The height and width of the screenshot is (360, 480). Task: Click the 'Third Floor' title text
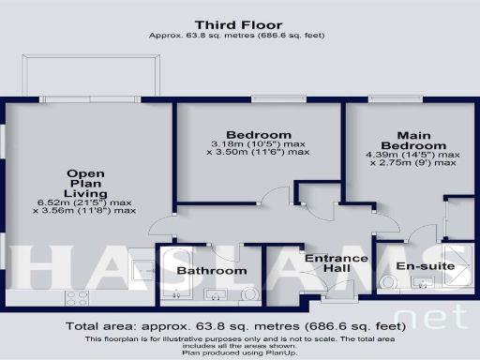click(239, 23)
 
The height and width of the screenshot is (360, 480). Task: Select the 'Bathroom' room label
click(212, 271)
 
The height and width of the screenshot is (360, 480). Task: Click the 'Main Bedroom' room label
click(419, 140)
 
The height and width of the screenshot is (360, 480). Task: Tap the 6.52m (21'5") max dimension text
click(84, 202)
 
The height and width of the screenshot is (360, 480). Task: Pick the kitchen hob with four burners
click(76, 299)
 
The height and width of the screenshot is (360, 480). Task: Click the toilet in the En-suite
click(388, 282)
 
